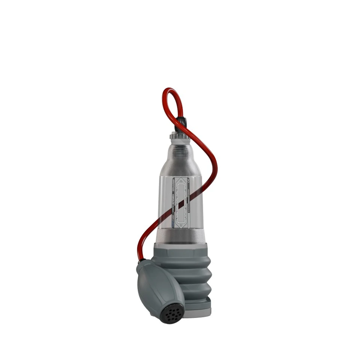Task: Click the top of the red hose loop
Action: coord(171,90)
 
